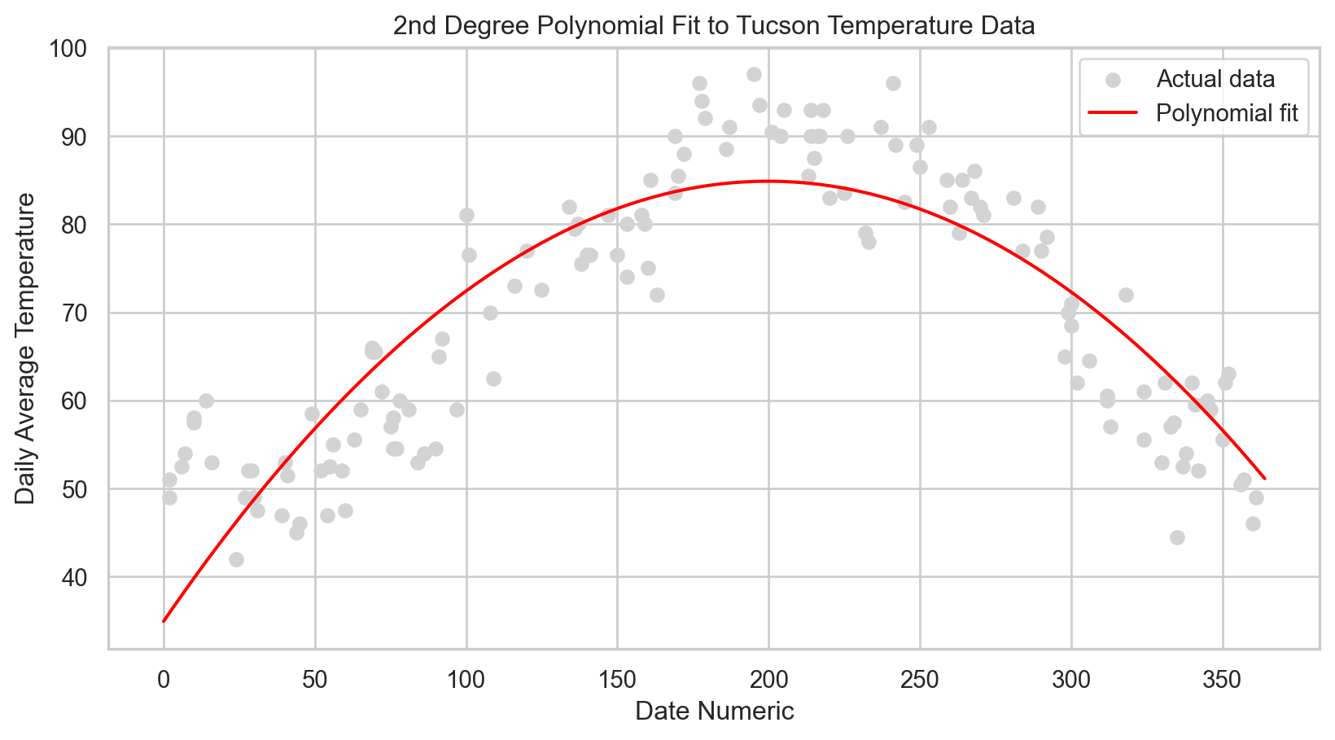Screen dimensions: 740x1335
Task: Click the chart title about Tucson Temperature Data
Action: [x=713, y=26]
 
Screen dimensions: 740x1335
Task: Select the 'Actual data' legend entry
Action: [x=1215, y=79]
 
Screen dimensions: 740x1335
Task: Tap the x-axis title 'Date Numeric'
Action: [x=714, y=712]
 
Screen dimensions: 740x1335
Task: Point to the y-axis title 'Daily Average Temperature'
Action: [x=26, y=348]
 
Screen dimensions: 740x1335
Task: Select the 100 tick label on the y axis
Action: [x=77, y=49]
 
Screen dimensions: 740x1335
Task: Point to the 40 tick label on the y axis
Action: [x=82, y=577]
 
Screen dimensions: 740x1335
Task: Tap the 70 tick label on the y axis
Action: [x=82, y=313]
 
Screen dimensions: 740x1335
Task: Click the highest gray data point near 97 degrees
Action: [x=754, y=74]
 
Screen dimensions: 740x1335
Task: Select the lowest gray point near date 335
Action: [x=1177, y=537]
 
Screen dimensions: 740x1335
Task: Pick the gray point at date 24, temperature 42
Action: [x=236, y=559]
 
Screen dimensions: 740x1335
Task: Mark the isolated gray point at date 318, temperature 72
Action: [x=1126, y=295]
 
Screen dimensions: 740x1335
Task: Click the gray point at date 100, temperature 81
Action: [x=466, y=216]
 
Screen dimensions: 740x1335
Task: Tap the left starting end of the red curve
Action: [x=164, y=621]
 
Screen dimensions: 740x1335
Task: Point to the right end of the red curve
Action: [x=1264, y=479]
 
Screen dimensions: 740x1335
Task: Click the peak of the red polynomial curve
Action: [x=768, y=182]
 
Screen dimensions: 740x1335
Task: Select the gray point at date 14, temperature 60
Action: [x=206, y=401]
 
